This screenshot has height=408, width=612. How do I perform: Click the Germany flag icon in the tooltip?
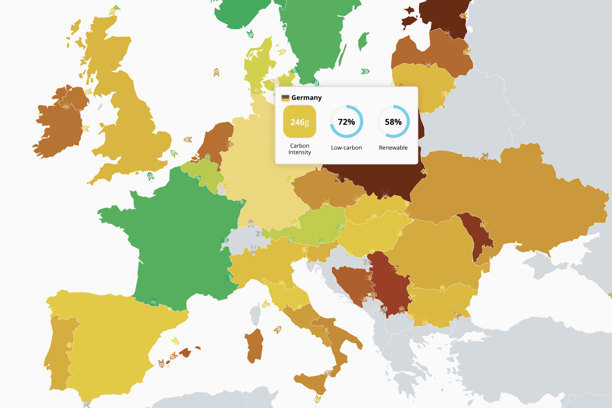[285, 98]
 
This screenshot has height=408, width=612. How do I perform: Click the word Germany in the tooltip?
[306, 98]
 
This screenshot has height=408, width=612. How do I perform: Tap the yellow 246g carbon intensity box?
[300, 122]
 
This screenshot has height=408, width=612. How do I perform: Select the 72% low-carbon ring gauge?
[346, 122]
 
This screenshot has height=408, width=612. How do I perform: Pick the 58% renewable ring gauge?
[393, 122]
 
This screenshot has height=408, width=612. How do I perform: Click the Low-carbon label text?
[346, 148]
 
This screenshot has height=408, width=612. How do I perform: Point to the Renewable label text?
[393, 148]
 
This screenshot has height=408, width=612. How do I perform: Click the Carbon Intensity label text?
[300, 149]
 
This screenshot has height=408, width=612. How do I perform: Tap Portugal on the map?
[58, 352]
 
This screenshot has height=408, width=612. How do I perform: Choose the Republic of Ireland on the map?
[58, 129]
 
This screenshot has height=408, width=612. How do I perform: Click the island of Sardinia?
[255, 345]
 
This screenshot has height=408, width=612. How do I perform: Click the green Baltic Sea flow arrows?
[365, 71]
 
